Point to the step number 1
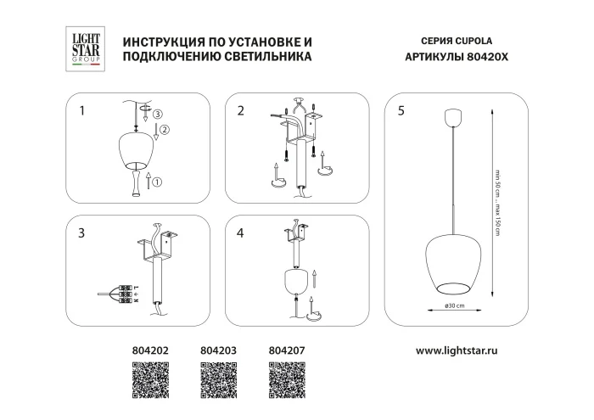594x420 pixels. pos(81,110)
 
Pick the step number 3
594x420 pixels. pos(81,232)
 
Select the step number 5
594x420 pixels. pos(401,110)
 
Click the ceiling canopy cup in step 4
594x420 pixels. pos(294,281)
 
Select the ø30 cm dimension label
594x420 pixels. pos(452,306)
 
